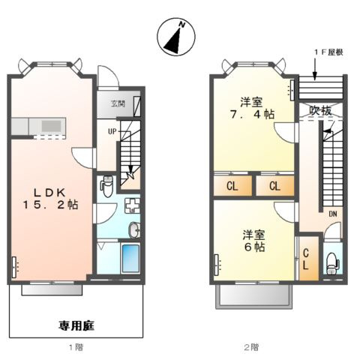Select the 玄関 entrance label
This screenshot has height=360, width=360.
point(118,103)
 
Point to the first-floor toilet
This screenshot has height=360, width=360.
point(106,183)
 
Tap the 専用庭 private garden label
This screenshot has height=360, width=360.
point(76,325)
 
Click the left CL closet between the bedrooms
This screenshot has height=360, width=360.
point(232,185)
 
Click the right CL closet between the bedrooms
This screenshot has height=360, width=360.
point(274,185)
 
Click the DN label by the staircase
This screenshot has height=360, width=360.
point(332,214)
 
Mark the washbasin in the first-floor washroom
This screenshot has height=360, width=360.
point(133,229)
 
